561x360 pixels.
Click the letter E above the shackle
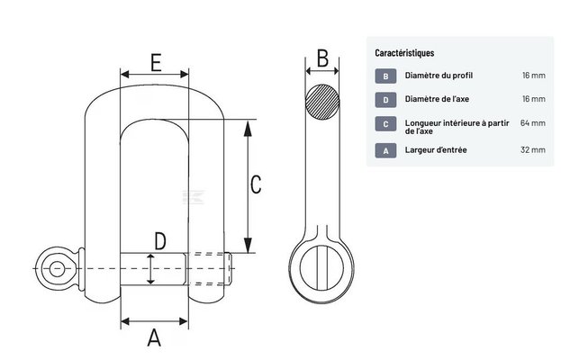[x=156, y=63]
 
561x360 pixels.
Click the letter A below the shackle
[x=154, y=337]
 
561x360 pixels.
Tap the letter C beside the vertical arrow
[x=256, y=184]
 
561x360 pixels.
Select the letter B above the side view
[x=322, y=58]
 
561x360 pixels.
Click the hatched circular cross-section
[x=322, y=102]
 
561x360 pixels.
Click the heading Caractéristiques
[x=404, y=53]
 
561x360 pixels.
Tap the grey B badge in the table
[x=385, y=76]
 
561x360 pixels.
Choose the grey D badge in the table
[x=385, y=100]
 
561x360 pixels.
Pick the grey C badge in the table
[x=385, y=124]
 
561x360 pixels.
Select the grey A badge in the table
[x=385, y=150]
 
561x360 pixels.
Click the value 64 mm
[x=533, y=123]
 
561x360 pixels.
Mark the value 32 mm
[x=533, y=149]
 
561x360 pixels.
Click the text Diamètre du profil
[x=439, y=76]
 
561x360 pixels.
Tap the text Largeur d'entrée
[x=436, y=149]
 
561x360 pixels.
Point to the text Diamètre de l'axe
[x=437, y=99]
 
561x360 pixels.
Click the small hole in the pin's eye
[x=58, y=268]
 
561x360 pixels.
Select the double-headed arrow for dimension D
[x=150, y=269]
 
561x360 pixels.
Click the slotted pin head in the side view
[x=321, y=267]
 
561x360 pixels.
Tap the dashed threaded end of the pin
[x=209, y=269]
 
